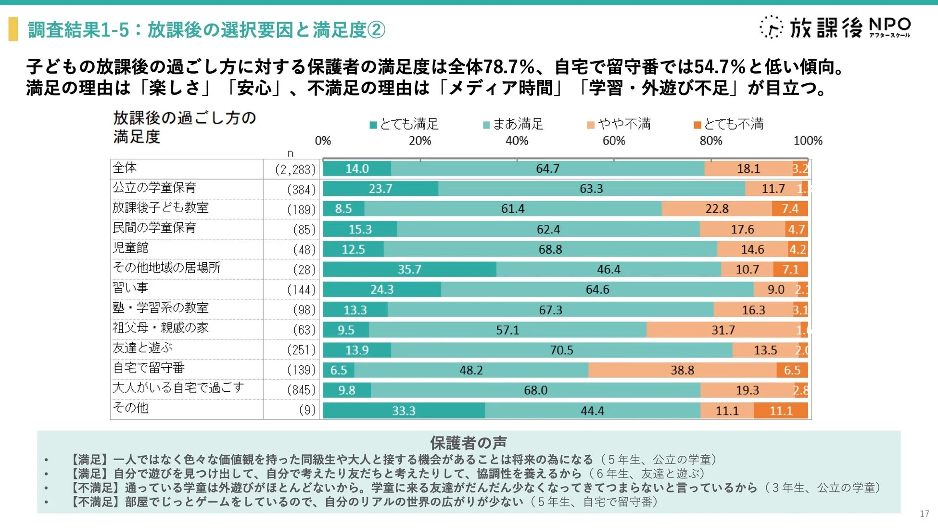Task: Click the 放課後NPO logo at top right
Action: (x=835, y=27)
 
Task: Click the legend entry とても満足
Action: (x=404, y=124)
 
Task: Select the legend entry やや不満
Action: (x=619, y=124)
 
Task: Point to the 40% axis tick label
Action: (x=517, y=141)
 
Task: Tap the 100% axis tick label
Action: (x=808, y=141)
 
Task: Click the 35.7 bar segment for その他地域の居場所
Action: (x=409, y=269)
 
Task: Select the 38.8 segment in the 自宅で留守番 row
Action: (x=682, y=370)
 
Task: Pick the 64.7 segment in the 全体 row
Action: (x=547, y=168)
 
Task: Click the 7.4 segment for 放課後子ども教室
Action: (x=789, y=209)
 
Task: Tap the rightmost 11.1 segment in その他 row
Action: (x=781, y=411)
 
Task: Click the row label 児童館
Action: (x=130, y=248)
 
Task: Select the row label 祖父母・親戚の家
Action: (x=160, y=328)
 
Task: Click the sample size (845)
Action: (x=301, y=390)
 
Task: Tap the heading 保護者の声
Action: (x=468, y=442)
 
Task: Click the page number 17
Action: (x=924, y=514)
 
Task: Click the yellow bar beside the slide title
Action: (x=13, y=29)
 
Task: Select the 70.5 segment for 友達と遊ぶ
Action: (x=561, y=350)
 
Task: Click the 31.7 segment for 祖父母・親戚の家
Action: (x=723, y=330)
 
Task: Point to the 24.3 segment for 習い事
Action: (x=381, y=289)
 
